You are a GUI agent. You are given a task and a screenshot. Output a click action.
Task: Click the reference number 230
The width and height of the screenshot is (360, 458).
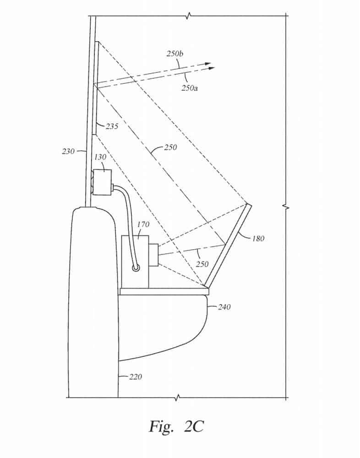(68, 151)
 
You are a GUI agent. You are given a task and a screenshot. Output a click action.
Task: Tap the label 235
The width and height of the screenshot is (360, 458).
(112, 126)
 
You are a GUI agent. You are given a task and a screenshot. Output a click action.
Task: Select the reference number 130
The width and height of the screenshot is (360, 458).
(100, 157)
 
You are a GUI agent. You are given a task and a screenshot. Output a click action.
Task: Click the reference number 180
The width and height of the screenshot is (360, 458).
(258, 238)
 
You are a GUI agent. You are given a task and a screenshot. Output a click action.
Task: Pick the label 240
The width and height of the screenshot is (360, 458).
(224, 307)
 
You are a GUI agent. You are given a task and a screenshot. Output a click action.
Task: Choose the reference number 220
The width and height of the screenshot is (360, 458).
(135, 377)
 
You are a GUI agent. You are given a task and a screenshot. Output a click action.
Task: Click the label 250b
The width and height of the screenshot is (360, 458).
(175, 54)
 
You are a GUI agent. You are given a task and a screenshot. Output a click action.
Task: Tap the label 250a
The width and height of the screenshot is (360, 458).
(189, 87)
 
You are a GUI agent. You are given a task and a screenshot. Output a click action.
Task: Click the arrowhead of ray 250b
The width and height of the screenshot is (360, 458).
(208, 63)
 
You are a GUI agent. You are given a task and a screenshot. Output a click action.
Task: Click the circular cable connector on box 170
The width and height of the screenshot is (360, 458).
(136, 268)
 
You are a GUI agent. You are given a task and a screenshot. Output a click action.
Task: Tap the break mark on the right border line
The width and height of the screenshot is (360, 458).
(287, 207)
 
